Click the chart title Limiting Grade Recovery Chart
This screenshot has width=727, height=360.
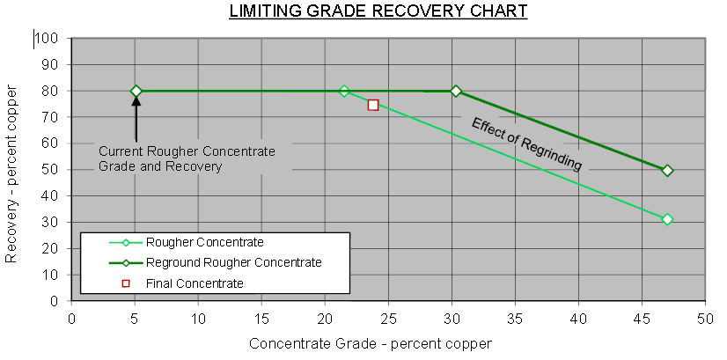[378, 11]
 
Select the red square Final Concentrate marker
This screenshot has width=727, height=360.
[373, 105]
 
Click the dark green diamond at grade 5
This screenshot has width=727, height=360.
[136, 91]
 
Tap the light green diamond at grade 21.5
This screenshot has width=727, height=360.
[344, 91]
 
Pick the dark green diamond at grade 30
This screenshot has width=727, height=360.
[456, 91]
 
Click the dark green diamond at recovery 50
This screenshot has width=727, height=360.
[667, 170]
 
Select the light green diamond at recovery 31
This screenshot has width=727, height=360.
[667, 219]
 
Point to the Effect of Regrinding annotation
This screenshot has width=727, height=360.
[526, 143]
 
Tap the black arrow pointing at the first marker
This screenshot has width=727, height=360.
[136, 119]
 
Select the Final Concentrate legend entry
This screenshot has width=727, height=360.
[194, 283]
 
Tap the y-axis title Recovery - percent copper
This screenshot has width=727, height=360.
[11, 174]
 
